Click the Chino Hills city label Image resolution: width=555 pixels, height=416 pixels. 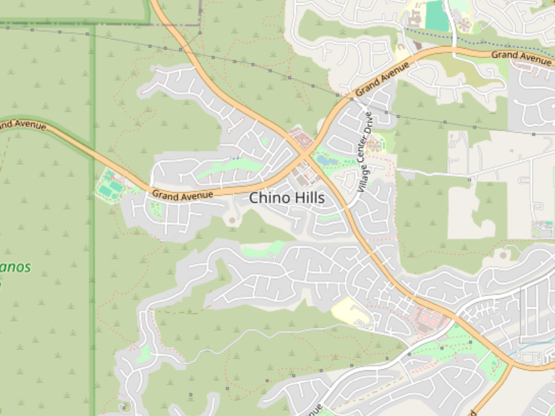pos(287,198)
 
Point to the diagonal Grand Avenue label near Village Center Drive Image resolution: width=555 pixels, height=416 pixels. pos(383,80)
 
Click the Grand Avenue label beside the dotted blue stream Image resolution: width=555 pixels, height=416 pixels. pos(521,58)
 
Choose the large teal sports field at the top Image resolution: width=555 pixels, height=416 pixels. pos(437,16)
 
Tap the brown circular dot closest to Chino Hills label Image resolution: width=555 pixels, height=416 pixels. pos(232,220)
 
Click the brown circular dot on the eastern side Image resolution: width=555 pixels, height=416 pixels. pos(503,255)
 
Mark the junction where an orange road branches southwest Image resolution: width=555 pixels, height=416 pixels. pos(511,366)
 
